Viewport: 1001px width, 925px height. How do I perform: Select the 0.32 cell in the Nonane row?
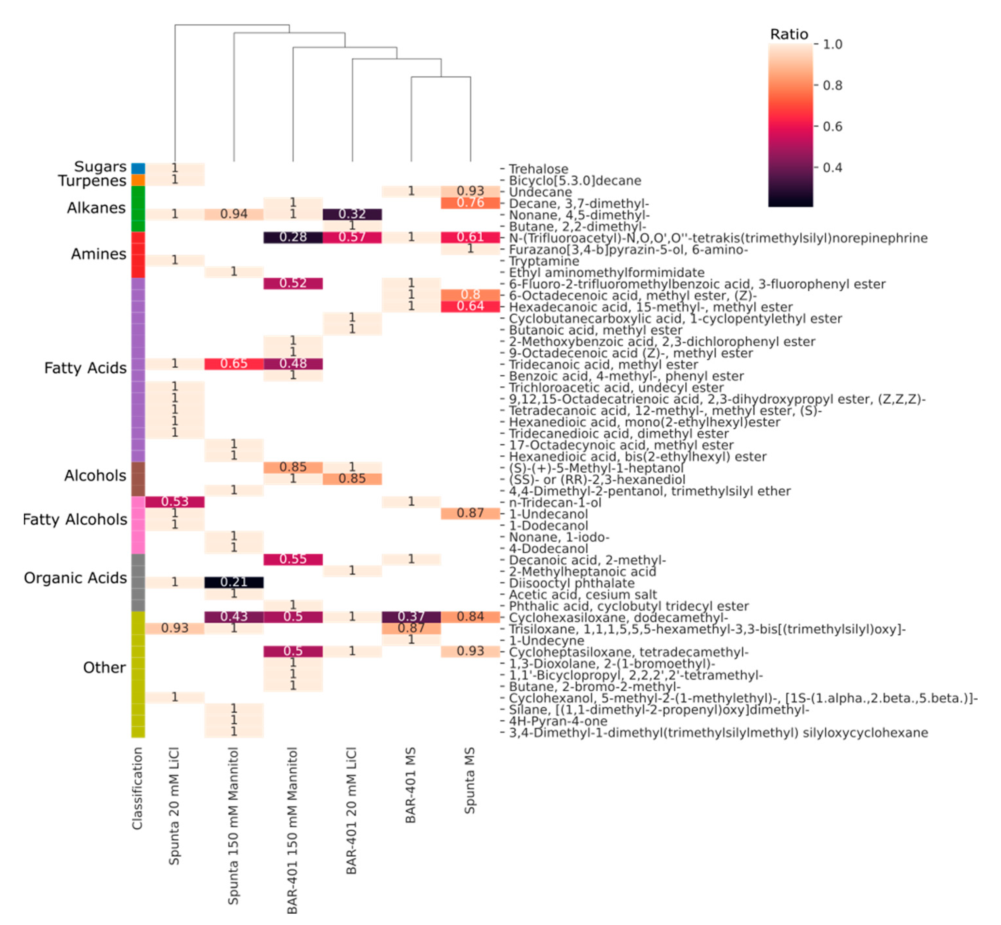352,214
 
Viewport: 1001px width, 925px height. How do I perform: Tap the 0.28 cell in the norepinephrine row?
293,237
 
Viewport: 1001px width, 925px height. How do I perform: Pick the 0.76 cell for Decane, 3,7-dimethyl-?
470,203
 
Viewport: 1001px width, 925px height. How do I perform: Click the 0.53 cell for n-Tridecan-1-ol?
175,502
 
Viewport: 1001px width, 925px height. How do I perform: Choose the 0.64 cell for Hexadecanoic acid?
470,306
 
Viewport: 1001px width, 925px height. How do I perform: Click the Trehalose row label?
538,169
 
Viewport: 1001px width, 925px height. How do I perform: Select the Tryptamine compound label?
544,261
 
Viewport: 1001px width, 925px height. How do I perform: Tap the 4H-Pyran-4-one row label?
558,721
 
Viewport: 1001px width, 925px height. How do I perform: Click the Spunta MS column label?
469,780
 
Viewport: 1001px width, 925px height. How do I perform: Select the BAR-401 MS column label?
411,785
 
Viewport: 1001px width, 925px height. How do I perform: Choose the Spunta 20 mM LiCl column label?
174,806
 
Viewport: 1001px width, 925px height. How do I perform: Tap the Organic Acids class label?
75,578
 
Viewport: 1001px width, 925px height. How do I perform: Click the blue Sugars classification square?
138,168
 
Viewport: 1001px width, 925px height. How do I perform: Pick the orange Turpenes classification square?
138,180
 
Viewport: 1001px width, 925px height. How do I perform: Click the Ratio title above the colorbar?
789,34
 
